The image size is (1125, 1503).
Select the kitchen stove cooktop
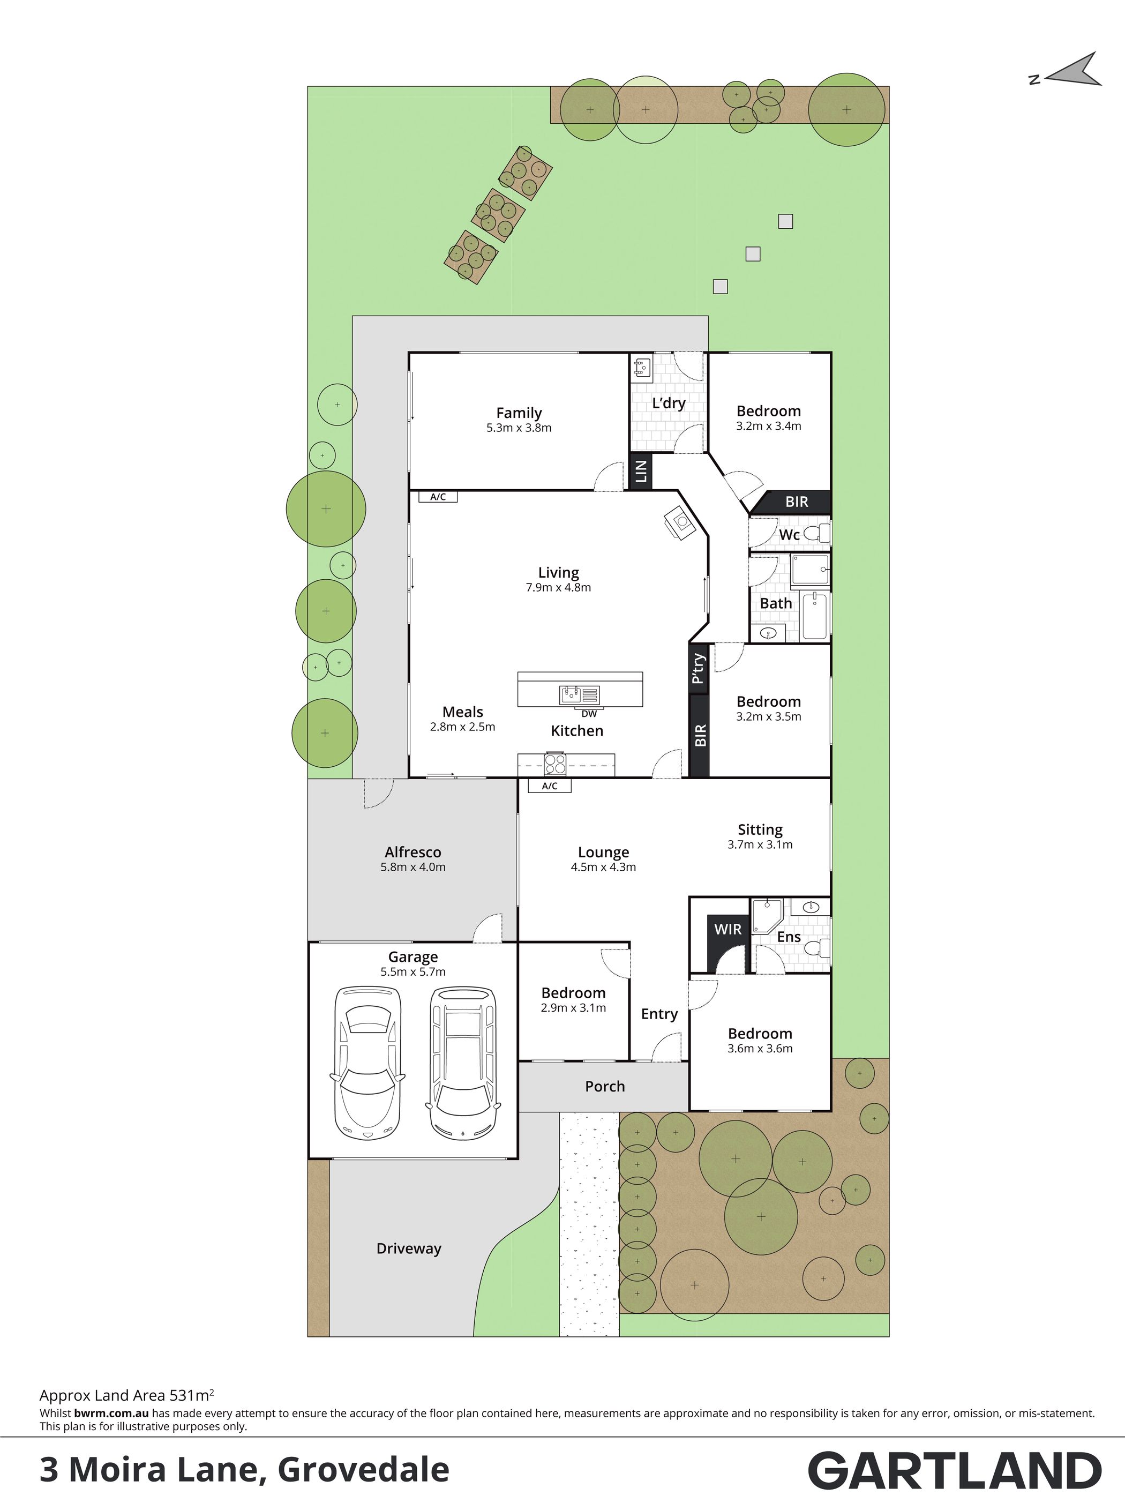click(x=555, y=765)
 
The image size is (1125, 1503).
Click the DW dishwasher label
click(x=589, y=713)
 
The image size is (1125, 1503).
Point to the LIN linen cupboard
click(x=640, y=471)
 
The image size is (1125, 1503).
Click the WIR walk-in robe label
click(x=727, y=929)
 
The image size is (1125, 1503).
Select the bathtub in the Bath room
click(x=814, y=616)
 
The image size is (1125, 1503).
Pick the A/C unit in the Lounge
click(x=550, y=786)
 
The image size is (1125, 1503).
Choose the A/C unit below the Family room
click(x=438, y=497)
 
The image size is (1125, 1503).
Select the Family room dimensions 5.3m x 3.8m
click(x=519, y=428)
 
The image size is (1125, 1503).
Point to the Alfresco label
click(x=413, y=852)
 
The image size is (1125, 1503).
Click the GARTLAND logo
click(x=955, y=1471)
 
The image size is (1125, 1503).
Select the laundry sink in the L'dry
click(x=641, y=368)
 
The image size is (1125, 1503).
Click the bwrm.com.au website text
click(x=111, y=1410)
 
